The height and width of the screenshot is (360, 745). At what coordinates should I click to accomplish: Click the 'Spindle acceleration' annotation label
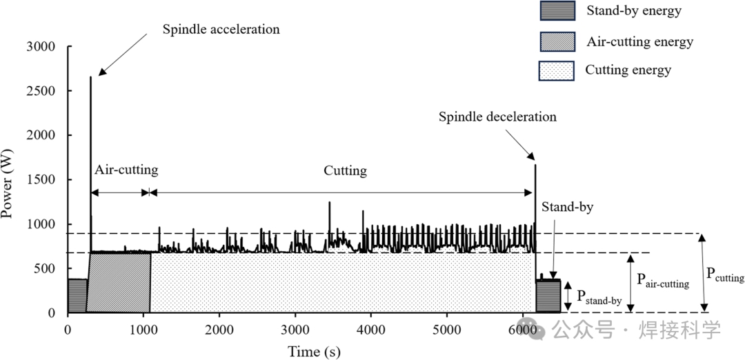221,30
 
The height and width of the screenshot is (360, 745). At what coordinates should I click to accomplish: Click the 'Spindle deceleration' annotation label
497,117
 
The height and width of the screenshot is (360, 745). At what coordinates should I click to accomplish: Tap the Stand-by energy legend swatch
556,11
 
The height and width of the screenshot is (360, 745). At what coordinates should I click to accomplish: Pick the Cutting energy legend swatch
556,70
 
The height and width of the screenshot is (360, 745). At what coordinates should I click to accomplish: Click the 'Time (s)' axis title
313,351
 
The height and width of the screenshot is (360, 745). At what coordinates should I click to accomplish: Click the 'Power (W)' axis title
9,184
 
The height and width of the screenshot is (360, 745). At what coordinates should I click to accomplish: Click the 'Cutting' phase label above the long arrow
345,170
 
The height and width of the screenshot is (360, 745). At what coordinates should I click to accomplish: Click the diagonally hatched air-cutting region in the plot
119,283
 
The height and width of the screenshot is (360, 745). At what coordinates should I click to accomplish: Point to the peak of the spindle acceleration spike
90,77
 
